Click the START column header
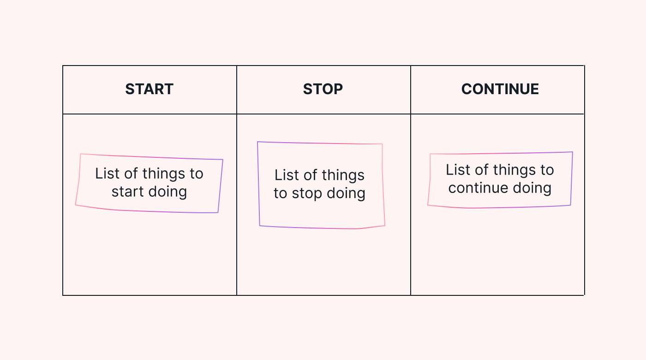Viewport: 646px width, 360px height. click(149, 89)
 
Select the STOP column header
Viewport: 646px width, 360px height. click(323, 89)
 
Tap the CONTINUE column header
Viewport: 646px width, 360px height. click(500, 89)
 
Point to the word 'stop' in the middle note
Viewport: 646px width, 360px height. click(307, 193)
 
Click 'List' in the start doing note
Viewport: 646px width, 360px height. click(108, 174)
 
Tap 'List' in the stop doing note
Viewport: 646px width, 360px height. click(287, 175)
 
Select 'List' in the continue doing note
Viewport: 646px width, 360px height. click(458, 170)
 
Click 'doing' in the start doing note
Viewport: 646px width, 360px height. click(168, 192)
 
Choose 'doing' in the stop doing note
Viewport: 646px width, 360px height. click(346, 193)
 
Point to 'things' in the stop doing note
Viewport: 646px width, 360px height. click(343, 175)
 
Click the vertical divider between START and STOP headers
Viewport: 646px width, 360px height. click(237, 89)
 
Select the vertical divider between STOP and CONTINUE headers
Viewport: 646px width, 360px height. click(411, 89)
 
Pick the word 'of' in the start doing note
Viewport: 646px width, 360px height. click(132, 174)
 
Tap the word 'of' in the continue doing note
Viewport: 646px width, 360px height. click(482, 170)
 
